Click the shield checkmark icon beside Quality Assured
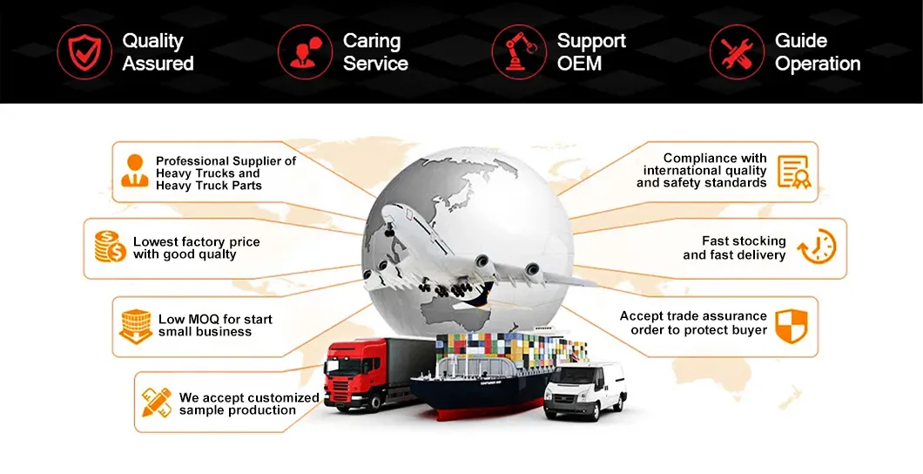tap(84, 51)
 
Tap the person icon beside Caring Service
tap(305, 51)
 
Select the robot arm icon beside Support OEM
tap(519, 51)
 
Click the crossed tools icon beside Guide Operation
tap(737, 51)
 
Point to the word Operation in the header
tap(818, 64)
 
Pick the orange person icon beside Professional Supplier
tap(135, 172)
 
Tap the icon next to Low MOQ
tap(136, 326)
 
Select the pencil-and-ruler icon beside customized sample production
tap(157, 402)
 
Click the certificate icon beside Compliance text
tap(793, 172)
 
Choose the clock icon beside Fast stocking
tap(816, 247)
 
